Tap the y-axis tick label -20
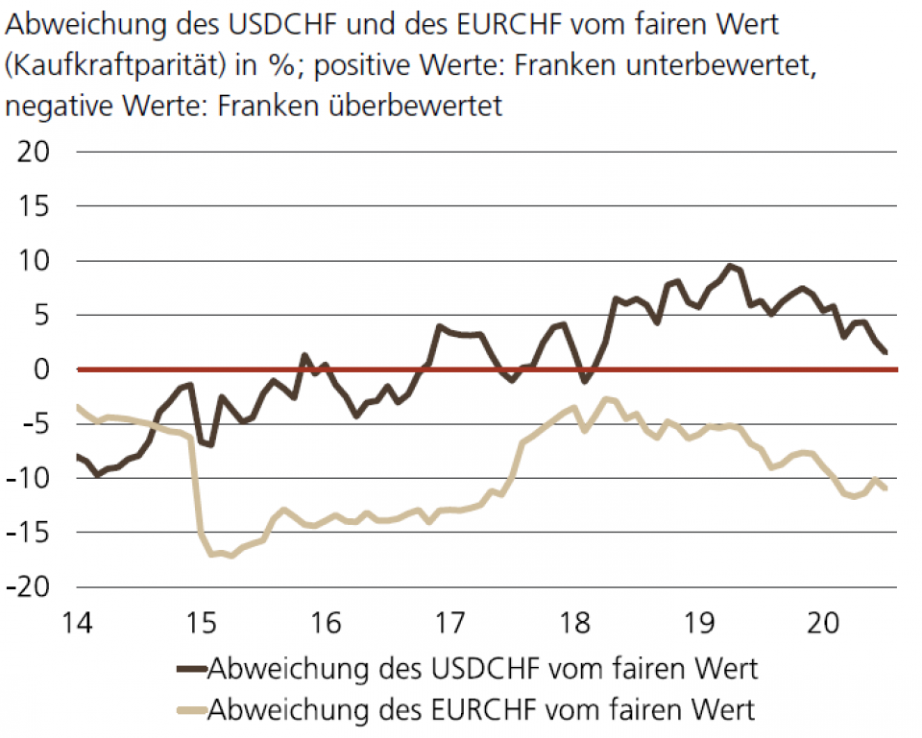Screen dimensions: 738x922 33,586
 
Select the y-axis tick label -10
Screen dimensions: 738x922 33,478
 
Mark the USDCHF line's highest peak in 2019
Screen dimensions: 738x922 731,266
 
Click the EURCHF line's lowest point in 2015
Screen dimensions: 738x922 231,556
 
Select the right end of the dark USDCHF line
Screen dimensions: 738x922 885,352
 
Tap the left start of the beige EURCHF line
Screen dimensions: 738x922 78,406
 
